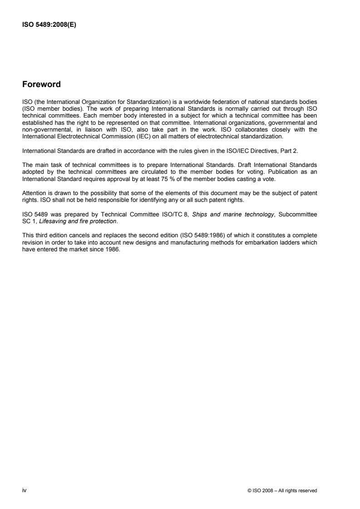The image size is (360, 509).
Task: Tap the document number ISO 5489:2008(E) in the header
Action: coord(49,25)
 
